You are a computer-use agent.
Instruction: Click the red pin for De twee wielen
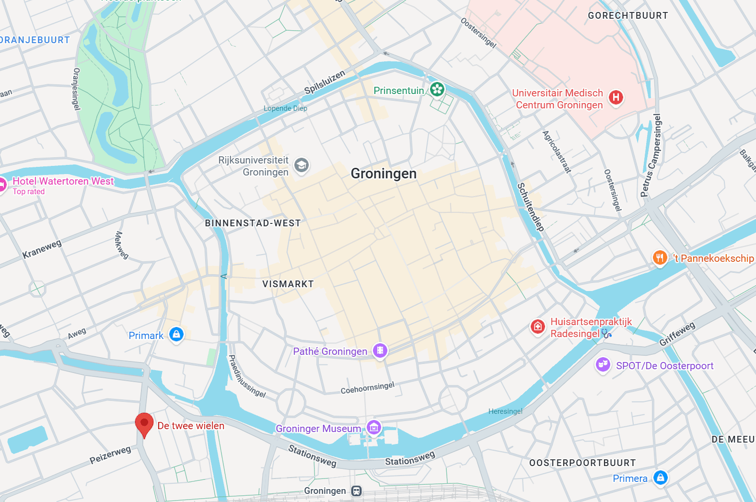(x=144, y=423)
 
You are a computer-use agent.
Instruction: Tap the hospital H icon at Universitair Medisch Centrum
(x=616, y=98)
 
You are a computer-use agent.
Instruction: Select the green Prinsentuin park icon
(x=437, y=89)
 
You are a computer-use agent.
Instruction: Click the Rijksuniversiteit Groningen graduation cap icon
(x=302, y=166)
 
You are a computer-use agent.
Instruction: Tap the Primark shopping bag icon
(x=176, y=334)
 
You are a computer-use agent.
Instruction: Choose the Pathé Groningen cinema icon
(x=380, y=350)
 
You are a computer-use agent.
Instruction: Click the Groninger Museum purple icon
(x=374, y=427)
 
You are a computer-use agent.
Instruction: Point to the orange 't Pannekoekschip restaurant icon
(x=660, y=257)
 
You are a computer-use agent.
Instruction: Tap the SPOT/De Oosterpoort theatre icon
(x=603, y=365)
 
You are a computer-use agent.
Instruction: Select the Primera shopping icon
(x=661, y=478)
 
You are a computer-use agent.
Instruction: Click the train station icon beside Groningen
(x=356, y=491)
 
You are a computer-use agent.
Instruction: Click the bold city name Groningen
(x=384, y=174)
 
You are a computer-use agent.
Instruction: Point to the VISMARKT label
(x=288, y=284)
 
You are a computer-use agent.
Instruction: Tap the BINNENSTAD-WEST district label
(x=253, y=223)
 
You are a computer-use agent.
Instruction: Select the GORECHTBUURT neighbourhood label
(x=628, y=16)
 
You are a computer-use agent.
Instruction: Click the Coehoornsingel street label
(x=367, y=388)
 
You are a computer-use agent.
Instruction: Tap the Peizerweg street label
(x=110, y=455)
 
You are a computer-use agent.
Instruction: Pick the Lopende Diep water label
(x=285, y=108)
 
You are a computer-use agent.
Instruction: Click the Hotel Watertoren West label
(x=63, y=181)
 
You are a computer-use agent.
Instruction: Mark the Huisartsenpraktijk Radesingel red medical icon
(x=538, y=327)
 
